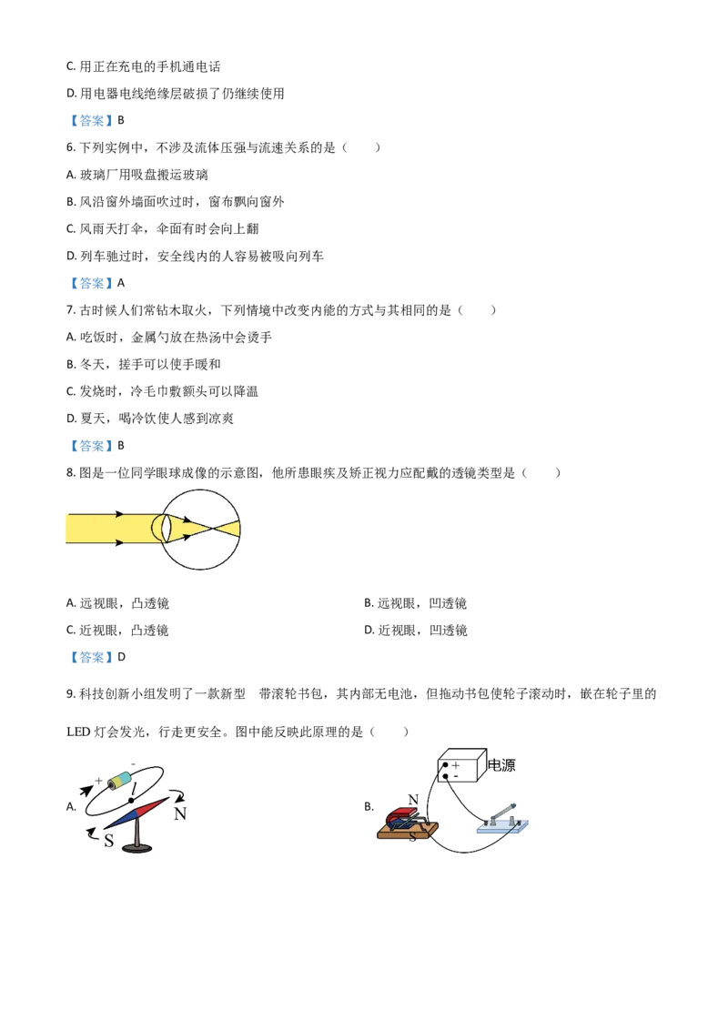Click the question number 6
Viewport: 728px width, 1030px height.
pyautogui.click(x=70, y=147)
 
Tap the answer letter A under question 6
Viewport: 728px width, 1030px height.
pyautogui.click(x=120, y=283)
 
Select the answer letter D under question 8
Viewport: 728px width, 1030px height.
pyautogui.click(x=121, y=657)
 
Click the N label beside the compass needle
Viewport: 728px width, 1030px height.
pyautogui.click(x=180, y=813)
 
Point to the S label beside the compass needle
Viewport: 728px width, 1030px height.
pyautogui.click(x=109, y=840)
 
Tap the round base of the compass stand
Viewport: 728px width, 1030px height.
pyautogui.click(x=137, y=848)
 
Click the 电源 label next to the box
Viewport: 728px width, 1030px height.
pyautogui.click(x=501, y=765)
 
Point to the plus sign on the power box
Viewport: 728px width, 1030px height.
pyautogui.click(x=455, y=765)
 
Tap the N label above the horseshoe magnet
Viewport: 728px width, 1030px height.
pyautogui.click(x=412, y=800)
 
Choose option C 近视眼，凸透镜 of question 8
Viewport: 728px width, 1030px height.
pyautogui.click(x=117, y=631)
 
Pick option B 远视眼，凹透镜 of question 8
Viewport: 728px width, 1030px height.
pyautogui.click(x=415, y=603)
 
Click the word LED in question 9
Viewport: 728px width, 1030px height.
pyautogui.click(x=78, y=732)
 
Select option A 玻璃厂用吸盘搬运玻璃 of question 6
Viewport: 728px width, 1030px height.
pyautogui.click(x=137, y=175)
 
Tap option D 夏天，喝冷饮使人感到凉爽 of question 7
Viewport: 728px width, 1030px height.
pyautogui.click(x=150, y=419)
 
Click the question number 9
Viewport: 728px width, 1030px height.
pyautogui.click(x=70, y=694)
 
